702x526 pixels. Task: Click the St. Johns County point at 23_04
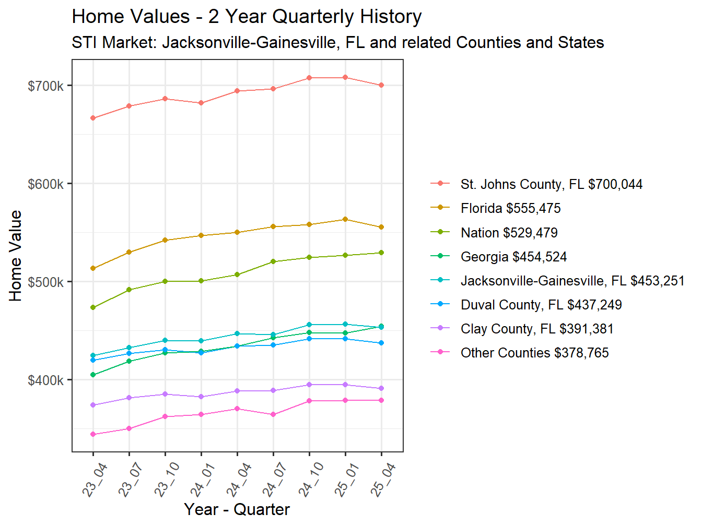click(x=93, y=118)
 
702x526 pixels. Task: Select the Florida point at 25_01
click(x=345, y=219)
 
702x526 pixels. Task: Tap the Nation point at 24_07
click(x=273, y=261)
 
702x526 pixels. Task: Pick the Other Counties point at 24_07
click(x=273, y=414)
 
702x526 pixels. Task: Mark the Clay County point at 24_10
click(x=309, y=385)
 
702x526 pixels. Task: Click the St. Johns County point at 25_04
click(x=381, y=85)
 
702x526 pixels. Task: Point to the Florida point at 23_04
click(x=93, y=268)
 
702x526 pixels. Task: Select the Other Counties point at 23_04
click(x=93, y=434)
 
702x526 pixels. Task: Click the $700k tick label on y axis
click(x=45, y=86)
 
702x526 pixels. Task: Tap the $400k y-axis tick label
click(x=45, y=380)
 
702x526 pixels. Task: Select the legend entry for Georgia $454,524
click(x=513, y=257)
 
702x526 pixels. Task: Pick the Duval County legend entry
click(x=541, y=305)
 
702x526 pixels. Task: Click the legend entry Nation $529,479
click(x=509, y=233)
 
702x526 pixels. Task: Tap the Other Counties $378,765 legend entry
click(x=534, y=353)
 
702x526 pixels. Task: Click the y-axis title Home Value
click(x=16, y=256)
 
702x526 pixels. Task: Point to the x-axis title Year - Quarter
click(x=237, y=509)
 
